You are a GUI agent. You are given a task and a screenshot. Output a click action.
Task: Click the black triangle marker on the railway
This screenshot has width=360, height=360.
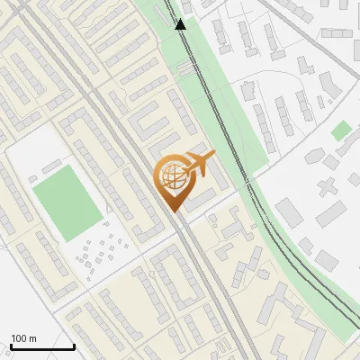click(181, 25)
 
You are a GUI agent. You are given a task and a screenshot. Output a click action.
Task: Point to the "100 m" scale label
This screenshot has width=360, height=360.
click(24, 338)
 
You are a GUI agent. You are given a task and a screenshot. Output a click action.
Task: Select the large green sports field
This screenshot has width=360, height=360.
click(67, 202)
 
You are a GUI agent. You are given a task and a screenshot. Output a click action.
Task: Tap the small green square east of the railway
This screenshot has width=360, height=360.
click(340, 131)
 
